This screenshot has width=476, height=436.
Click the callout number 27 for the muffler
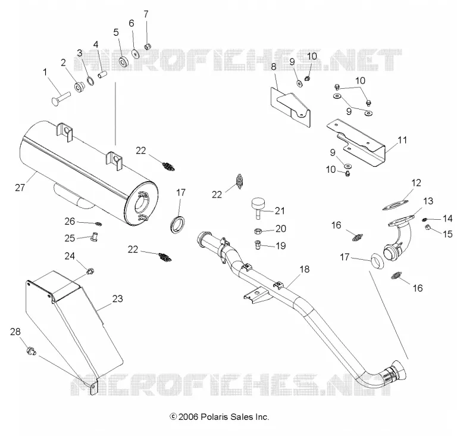(20, 188)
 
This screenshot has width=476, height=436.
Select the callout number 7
(146, 14)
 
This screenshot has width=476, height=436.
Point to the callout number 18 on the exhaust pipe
(305, 269)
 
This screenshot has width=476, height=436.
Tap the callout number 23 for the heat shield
(117, 298)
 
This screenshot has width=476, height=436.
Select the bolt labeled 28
(32, 351)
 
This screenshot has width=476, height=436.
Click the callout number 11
(402, 140)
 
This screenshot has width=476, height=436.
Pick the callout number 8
(274, 67)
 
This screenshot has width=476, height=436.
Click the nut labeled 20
(258, 231)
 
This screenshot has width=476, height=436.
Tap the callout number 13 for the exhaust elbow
(428, 201)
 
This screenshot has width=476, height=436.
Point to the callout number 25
(70, 238)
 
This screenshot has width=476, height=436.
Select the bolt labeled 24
(90, 270)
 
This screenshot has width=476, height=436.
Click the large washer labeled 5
(124, 61)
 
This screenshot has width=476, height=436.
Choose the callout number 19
(281, 245)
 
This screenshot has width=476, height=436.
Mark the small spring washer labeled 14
(425, 219)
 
